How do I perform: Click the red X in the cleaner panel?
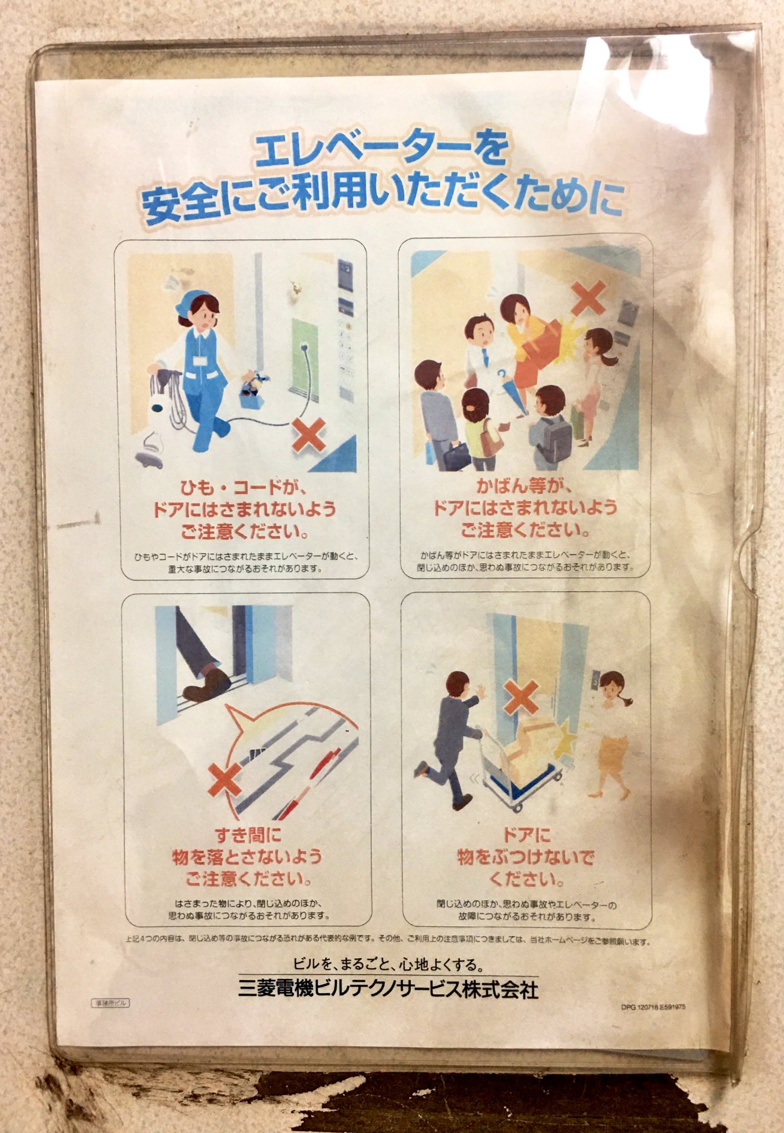pyautogui.click(x=308, y=434)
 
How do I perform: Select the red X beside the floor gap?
pyautogui.click(x=225, y=779)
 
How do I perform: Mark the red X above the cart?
pyautogui.click(x=520, y=697)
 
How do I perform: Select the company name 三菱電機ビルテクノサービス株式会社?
pyautogui.click(x=388, y=989)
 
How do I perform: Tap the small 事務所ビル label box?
pyautogui.click(x=110, y=1003)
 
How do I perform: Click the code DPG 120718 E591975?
pyautogui.click(x=653, y=1007)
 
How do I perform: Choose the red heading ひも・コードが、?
pyautogui.click(x=244, y=488)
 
